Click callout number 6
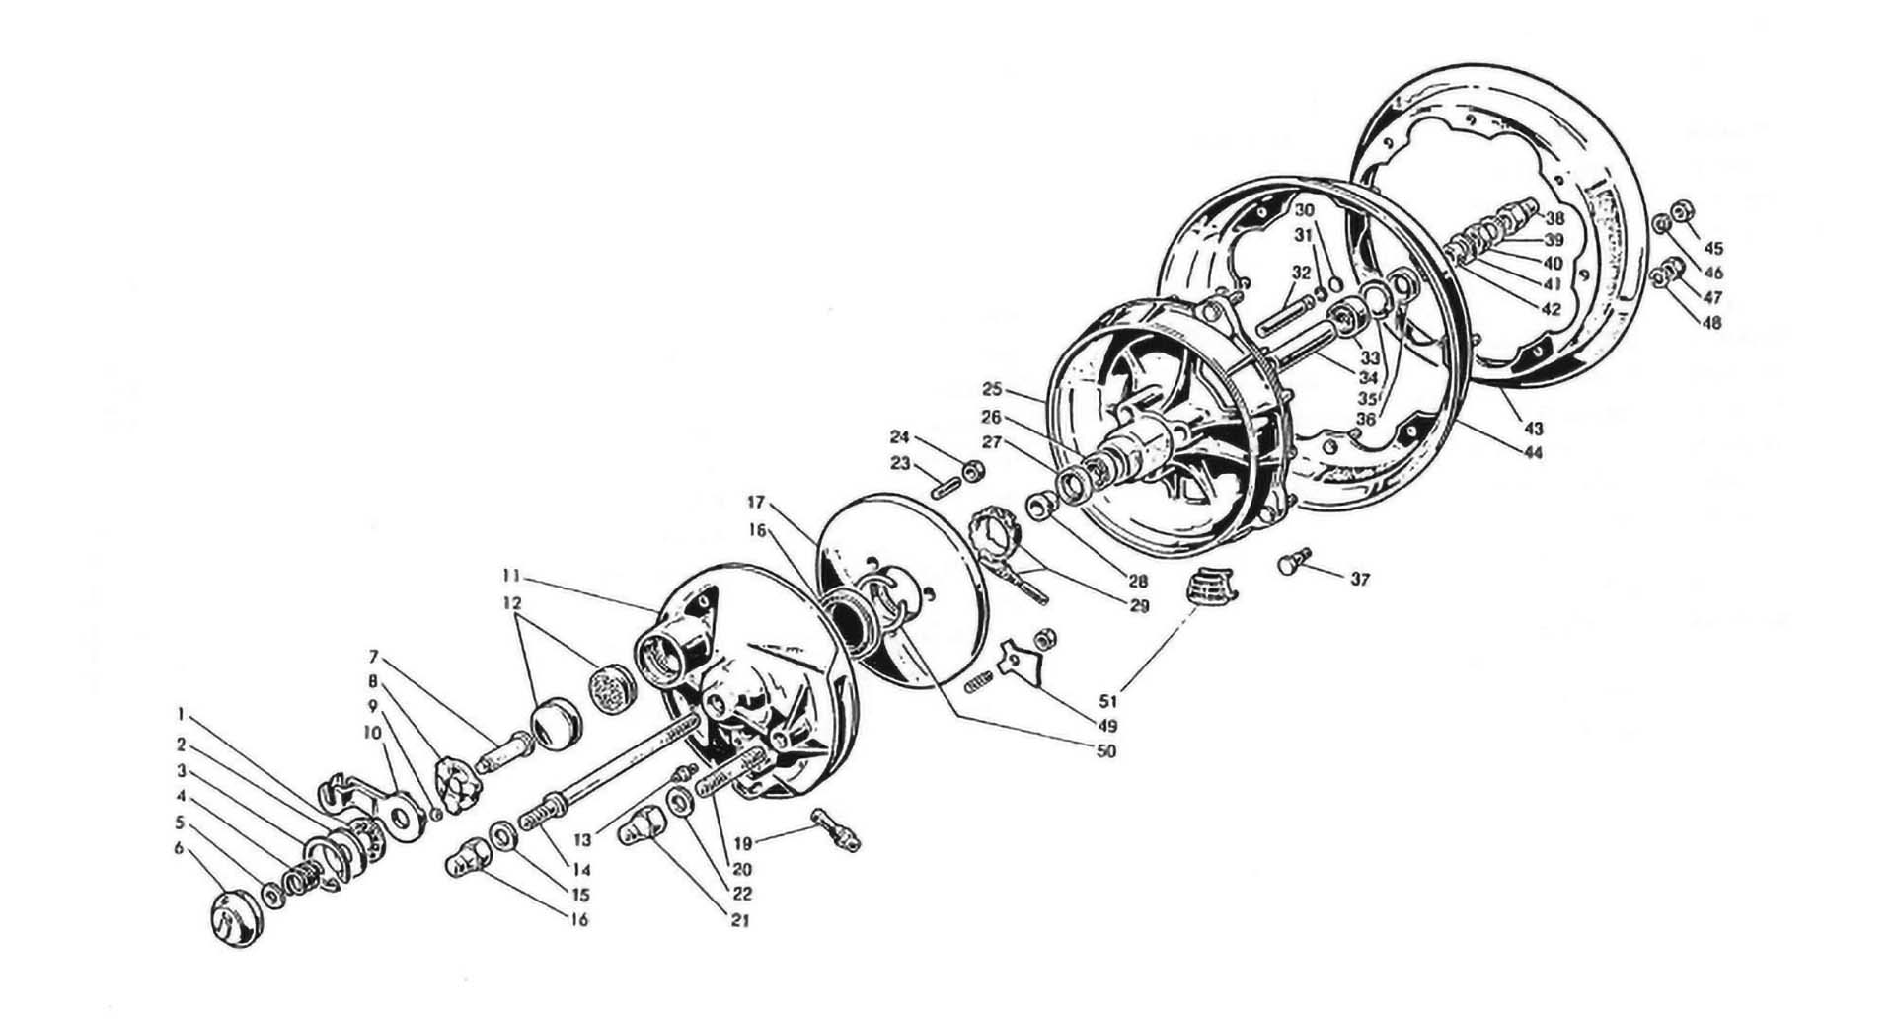[x=179, y=848]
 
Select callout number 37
[x=1360, y=581]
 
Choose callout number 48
[x=1712, y=322]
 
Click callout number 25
[x=992, y=389]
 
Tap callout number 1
[x=182, y=712]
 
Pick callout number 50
[x=1105, y=751]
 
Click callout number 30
[x=1305, y=211]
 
